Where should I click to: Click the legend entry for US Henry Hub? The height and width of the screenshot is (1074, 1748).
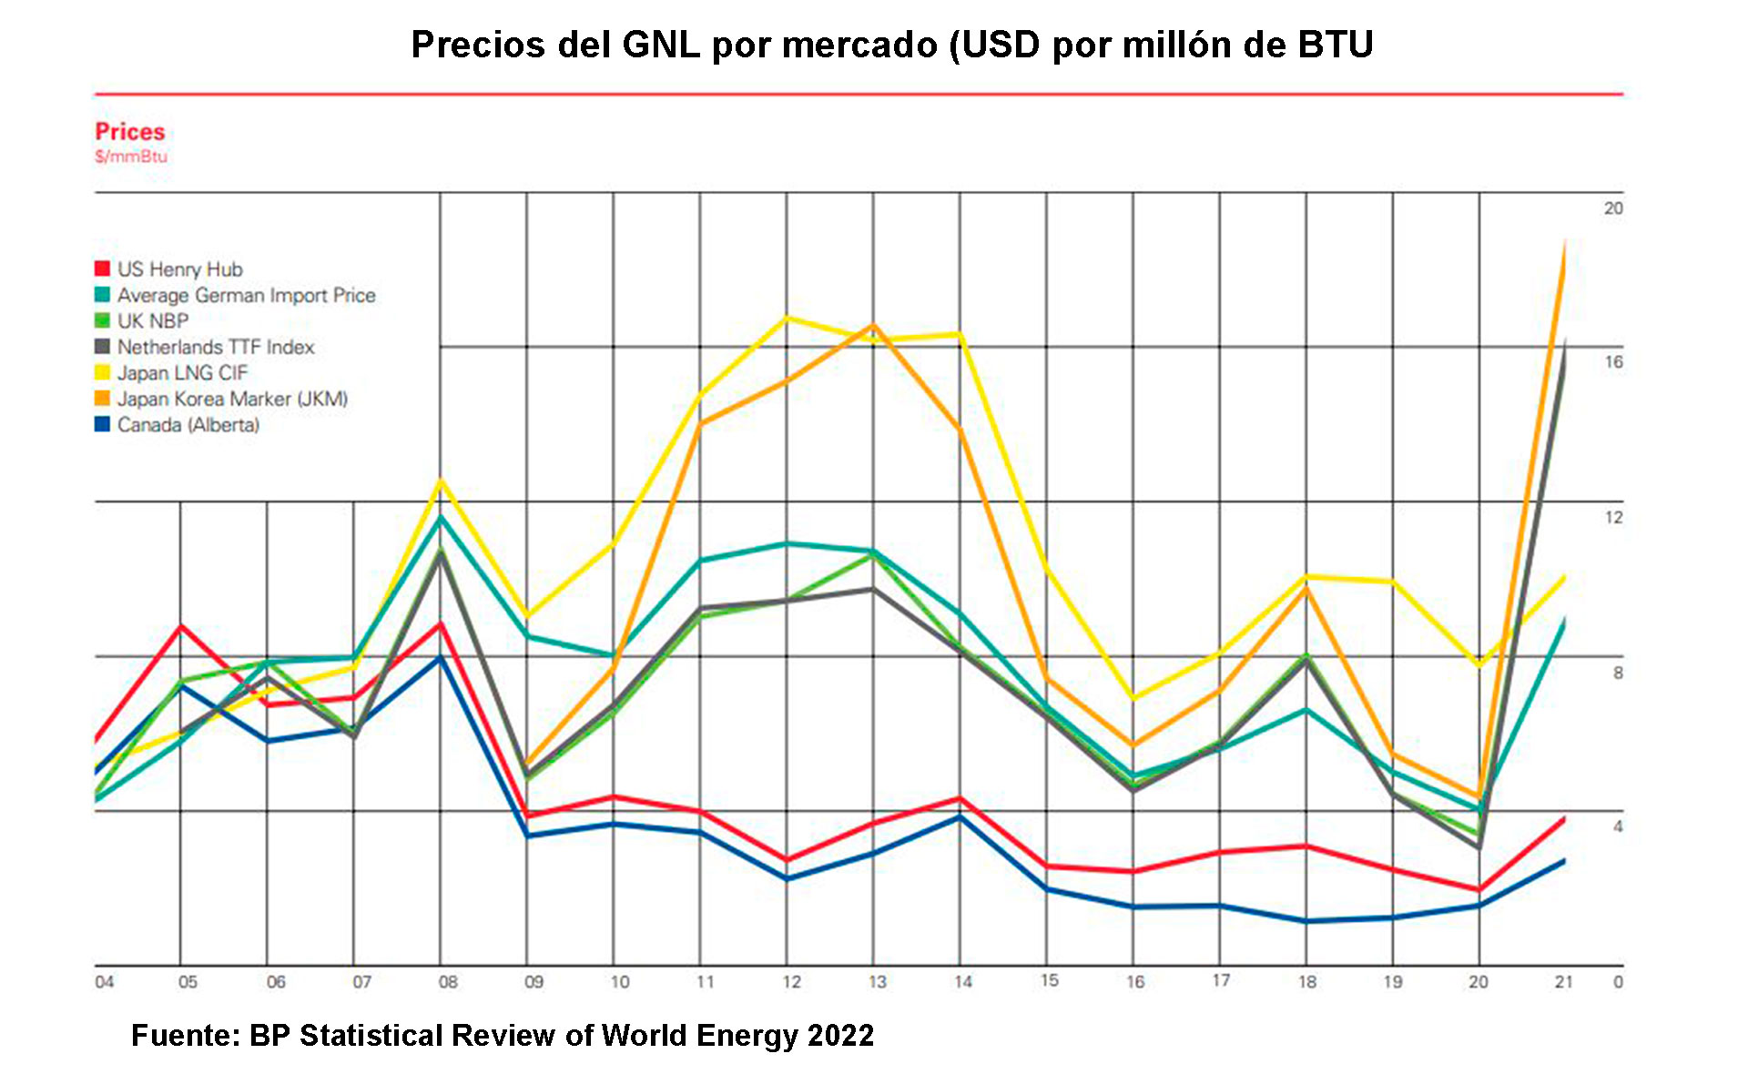pos(179,269)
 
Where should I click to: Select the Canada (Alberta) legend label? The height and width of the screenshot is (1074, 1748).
pos(188,425)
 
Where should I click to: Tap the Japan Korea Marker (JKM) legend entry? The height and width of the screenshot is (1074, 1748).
pos(232,399)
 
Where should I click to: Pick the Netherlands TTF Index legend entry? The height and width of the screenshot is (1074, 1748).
pos(215,347)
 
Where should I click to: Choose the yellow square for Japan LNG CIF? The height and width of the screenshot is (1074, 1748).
pos(102,372)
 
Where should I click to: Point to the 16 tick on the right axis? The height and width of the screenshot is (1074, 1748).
pos(1613,362)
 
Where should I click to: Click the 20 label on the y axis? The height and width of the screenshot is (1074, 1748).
pos(1613,208)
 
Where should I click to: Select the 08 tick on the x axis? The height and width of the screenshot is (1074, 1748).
pos(448,982)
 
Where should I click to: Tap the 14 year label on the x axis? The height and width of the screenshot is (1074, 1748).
pos(963,982)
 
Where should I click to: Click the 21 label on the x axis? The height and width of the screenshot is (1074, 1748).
pos(1563,982)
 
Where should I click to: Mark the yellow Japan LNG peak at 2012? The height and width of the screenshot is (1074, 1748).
pos(788,318)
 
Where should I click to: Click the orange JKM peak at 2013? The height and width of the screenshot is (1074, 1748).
pos(874,325)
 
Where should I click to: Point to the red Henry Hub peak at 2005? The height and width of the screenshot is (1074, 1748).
pos(181,626)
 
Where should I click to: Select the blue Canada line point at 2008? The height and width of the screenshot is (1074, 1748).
pos(441,657)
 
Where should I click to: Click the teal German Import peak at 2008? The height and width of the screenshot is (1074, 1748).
pos(441,517)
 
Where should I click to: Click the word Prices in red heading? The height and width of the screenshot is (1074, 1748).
pos(129,132)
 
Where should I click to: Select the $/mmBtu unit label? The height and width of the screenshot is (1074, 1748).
pos(131,157)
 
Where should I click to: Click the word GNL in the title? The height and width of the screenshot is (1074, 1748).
pos(661,45)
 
